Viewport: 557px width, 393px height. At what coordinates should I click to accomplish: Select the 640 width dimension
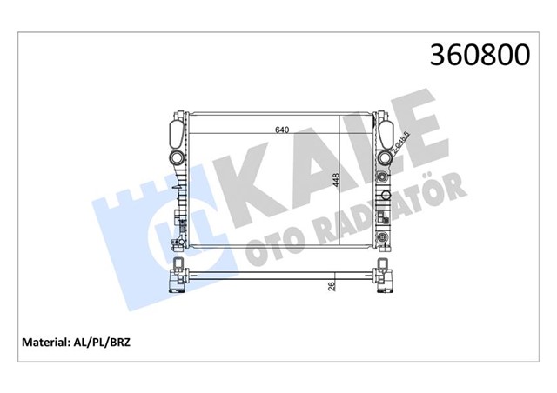281,130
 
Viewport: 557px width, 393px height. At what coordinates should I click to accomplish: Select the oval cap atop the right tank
385,132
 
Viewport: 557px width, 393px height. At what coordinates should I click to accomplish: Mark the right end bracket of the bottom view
381,276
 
